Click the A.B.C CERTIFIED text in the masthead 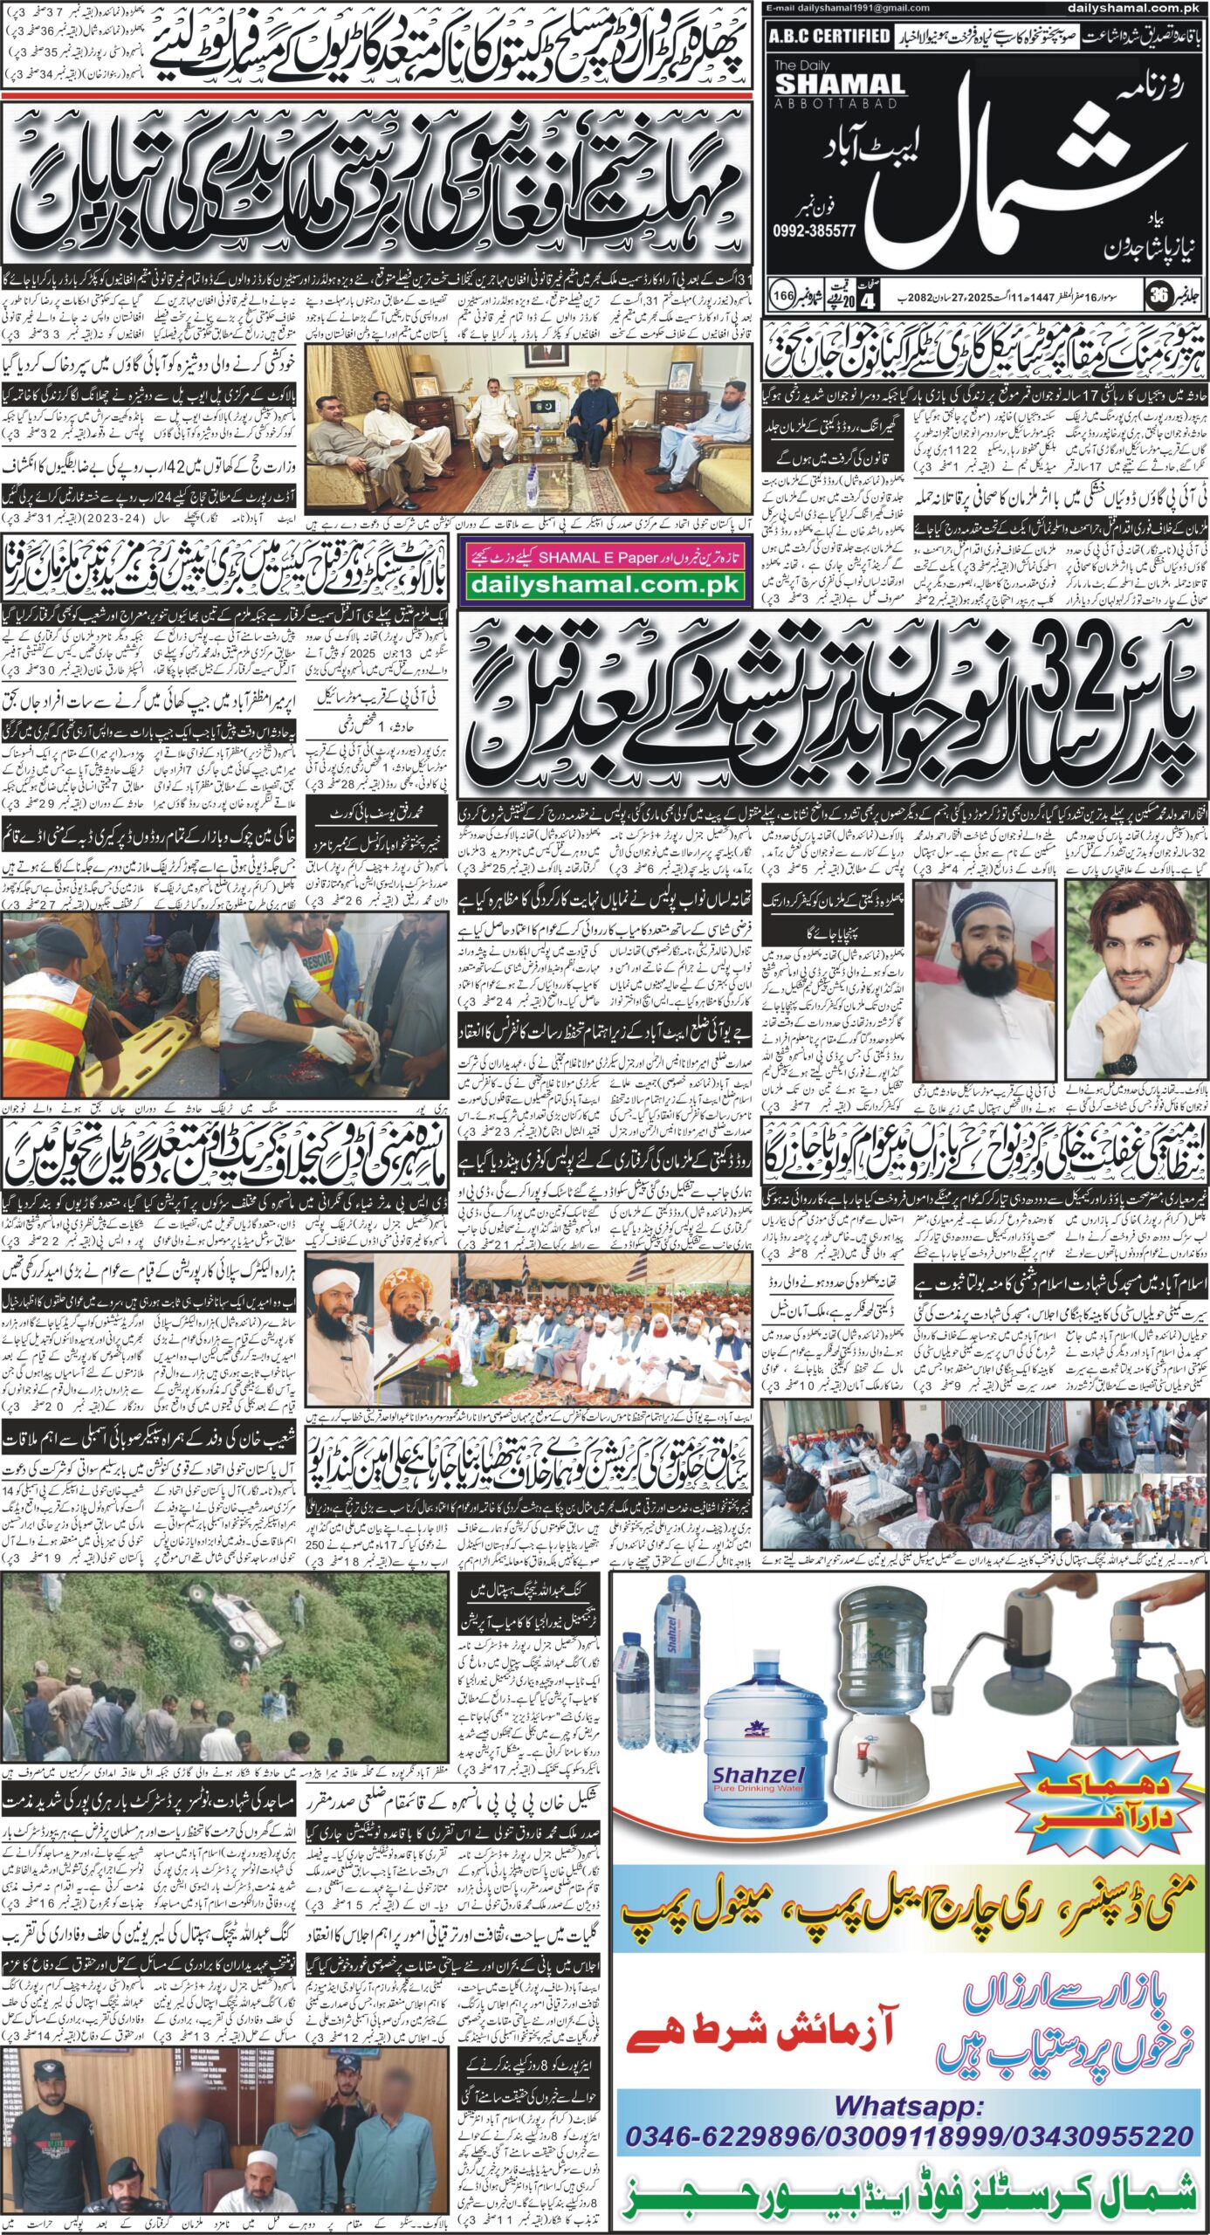830,36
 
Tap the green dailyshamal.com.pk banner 604,585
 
